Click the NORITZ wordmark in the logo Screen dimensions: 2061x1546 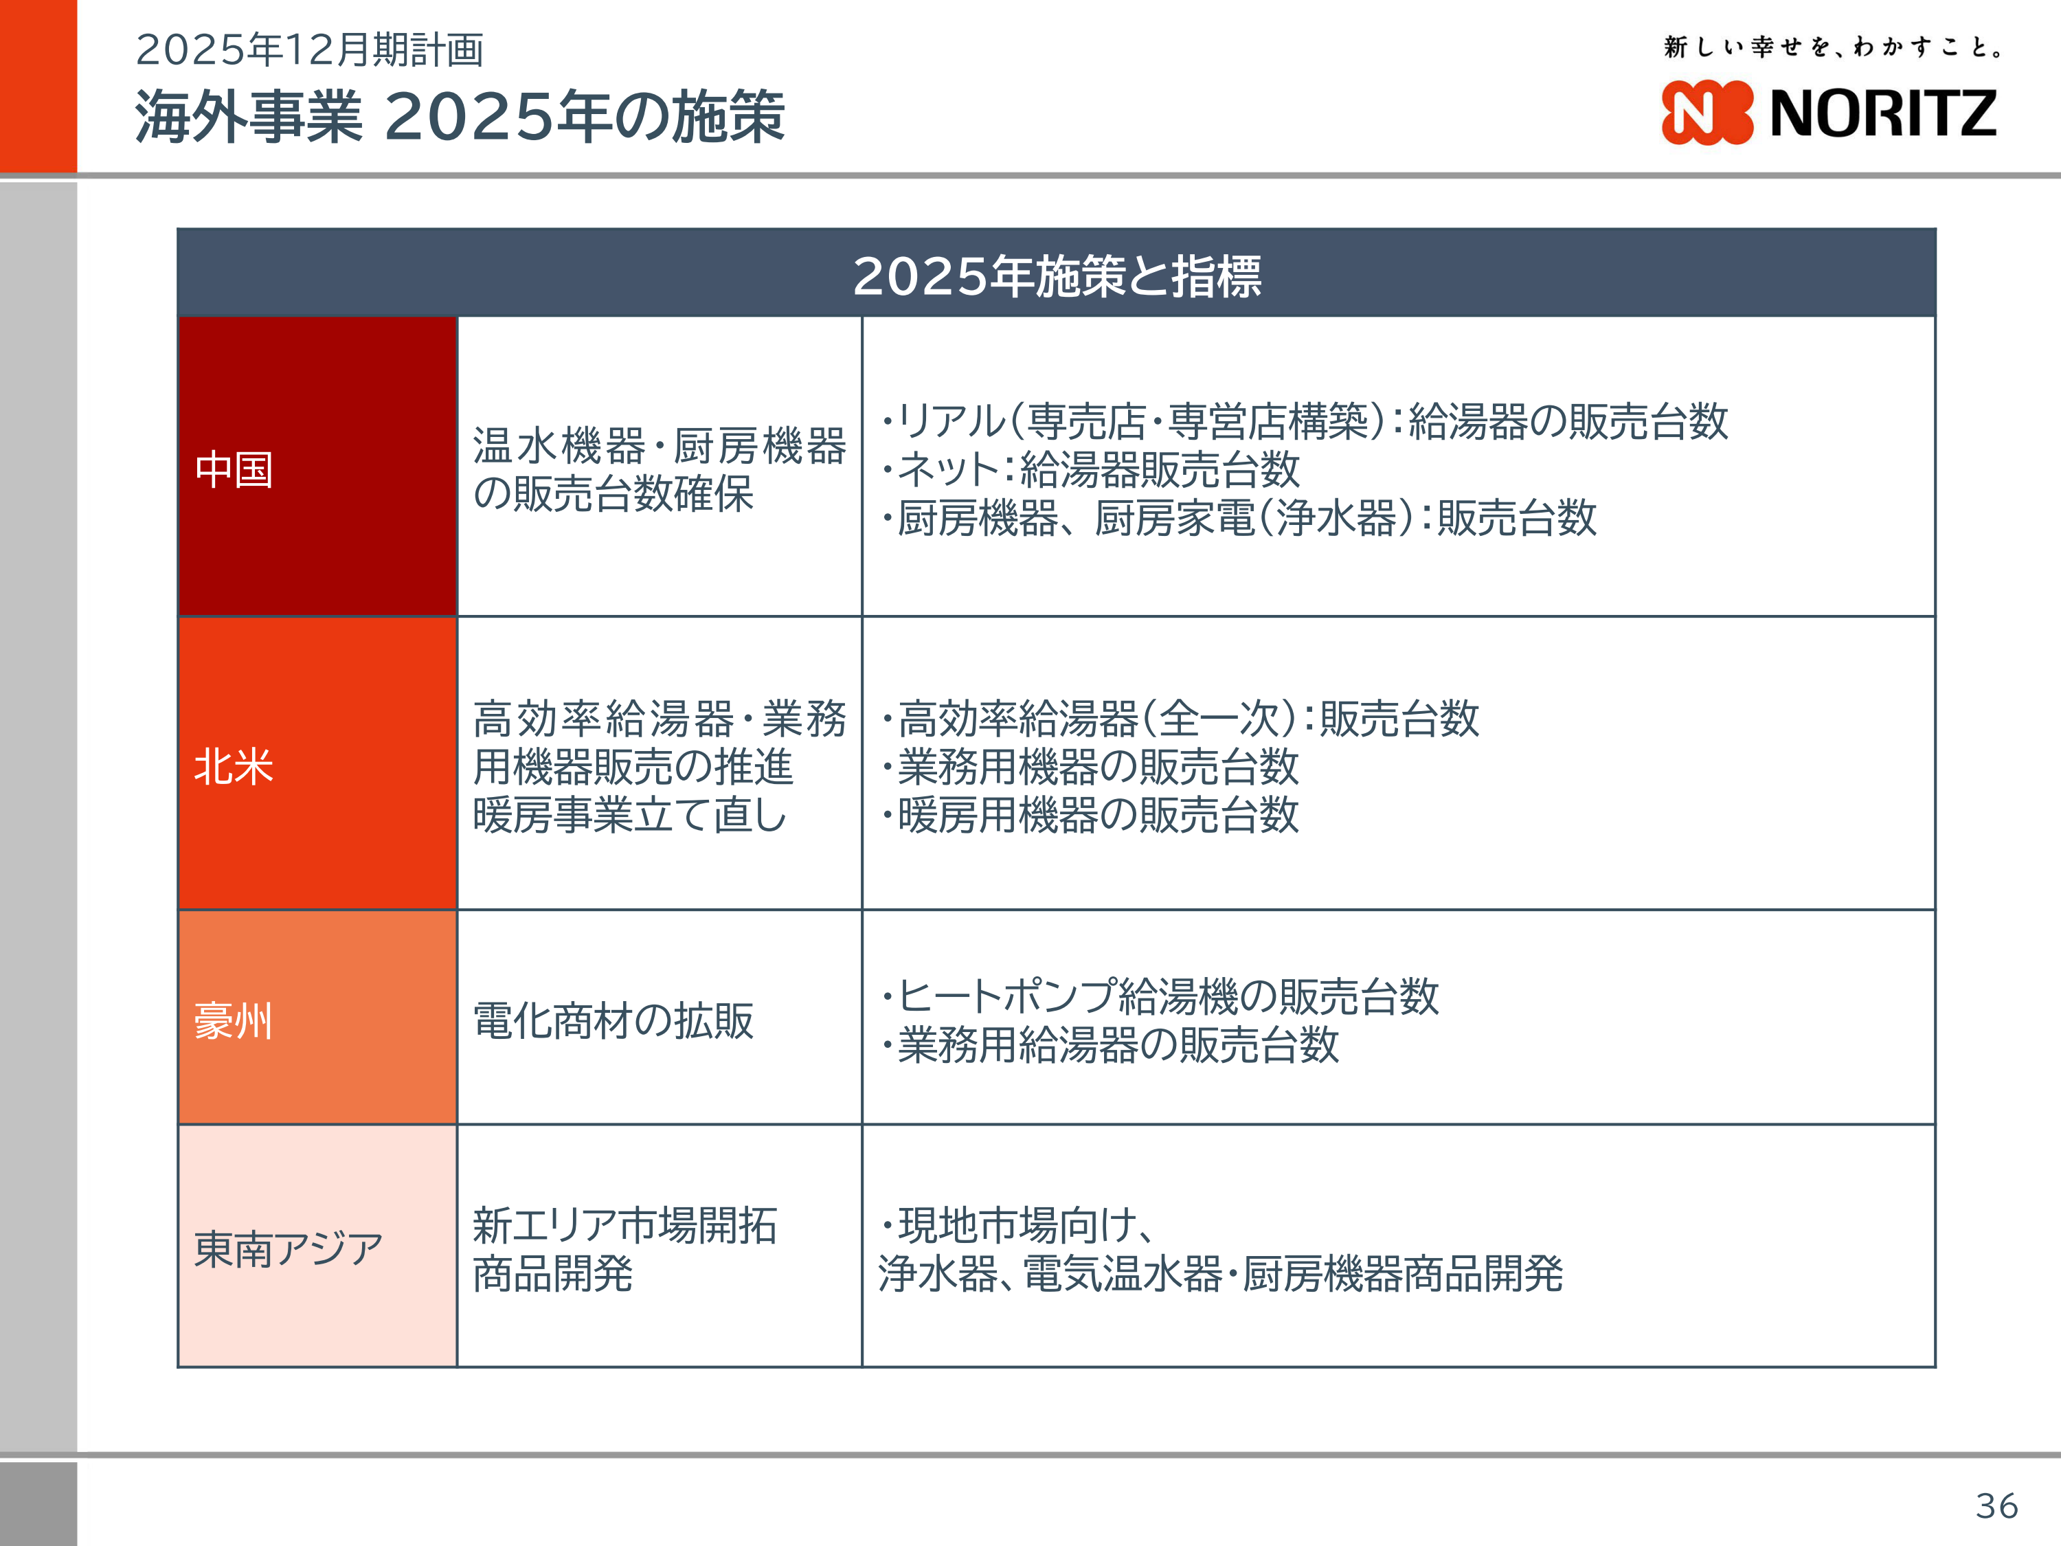[x=1882, y=113]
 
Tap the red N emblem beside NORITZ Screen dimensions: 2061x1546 [x=1707, y=113]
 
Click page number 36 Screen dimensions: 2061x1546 [x=1996, y=1505]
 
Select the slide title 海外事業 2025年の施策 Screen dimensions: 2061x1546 [x=460, y=117]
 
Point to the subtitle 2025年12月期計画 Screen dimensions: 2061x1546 [x=309, y=49]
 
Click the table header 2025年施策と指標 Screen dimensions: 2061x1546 [x=1057, y=276]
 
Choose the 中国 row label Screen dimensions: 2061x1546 [x=234, y=469]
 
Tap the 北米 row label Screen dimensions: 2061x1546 [x=234, y=766]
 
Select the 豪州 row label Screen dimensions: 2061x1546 [x=234, y=1020]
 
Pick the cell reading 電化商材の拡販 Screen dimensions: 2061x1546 [x=613, y=1020]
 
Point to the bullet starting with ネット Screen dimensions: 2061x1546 [x=1090, y=469]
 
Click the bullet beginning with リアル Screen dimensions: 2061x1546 [x=1305, y=421]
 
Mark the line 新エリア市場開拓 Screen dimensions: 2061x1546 [x=624, y=1224]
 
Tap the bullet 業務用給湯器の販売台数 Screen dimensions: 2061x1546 [x=1110, y=1044]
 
